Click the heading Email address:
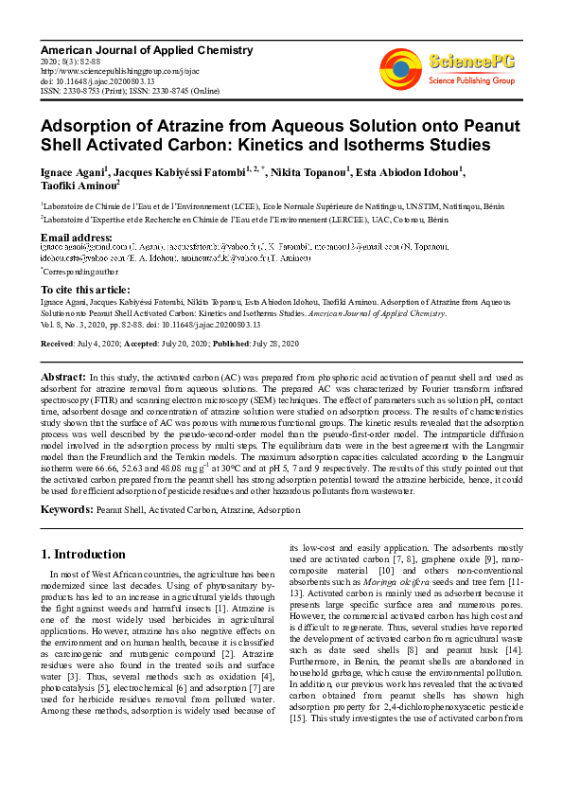[x=77, y=237]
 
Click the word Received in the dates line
[x=57, y=344]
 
